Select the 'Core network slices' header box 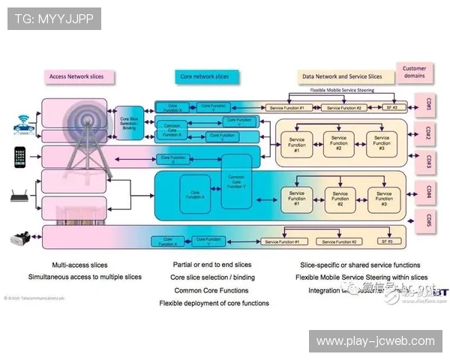(x=204, y=76)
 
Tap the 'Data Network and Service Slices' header (x=341, y=76)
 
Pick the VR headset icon (x=21, y=240)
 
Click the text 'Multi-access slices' (x=79, y=265)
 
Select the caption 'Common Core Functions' (x=211, y=290)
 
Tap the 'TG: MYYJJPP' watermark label (x=53, y=19)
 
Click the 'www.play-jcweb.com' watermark (x=375, y=341)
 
